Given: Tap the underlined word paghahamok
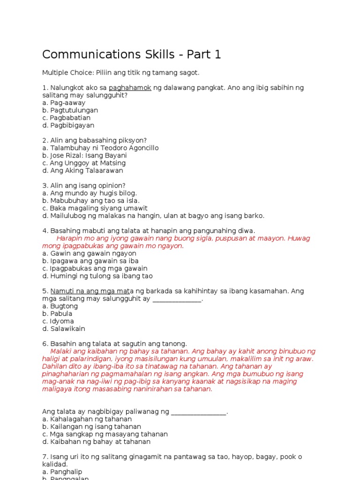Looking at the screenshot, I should (130, 88).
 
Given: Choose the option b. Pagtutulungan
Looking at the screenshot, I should (70, 110).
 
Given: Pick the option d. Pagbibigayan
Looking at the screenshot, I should (68, 125).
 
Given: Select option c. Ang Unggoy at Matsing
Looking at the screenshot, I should (84, 163).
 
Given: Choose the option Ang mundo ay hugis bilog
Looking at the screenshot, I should (90, 193).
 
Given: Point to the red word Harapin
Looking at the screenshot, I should (69, 238).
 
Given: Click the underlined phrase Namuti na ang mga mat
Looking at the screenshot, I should (90, 291).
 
